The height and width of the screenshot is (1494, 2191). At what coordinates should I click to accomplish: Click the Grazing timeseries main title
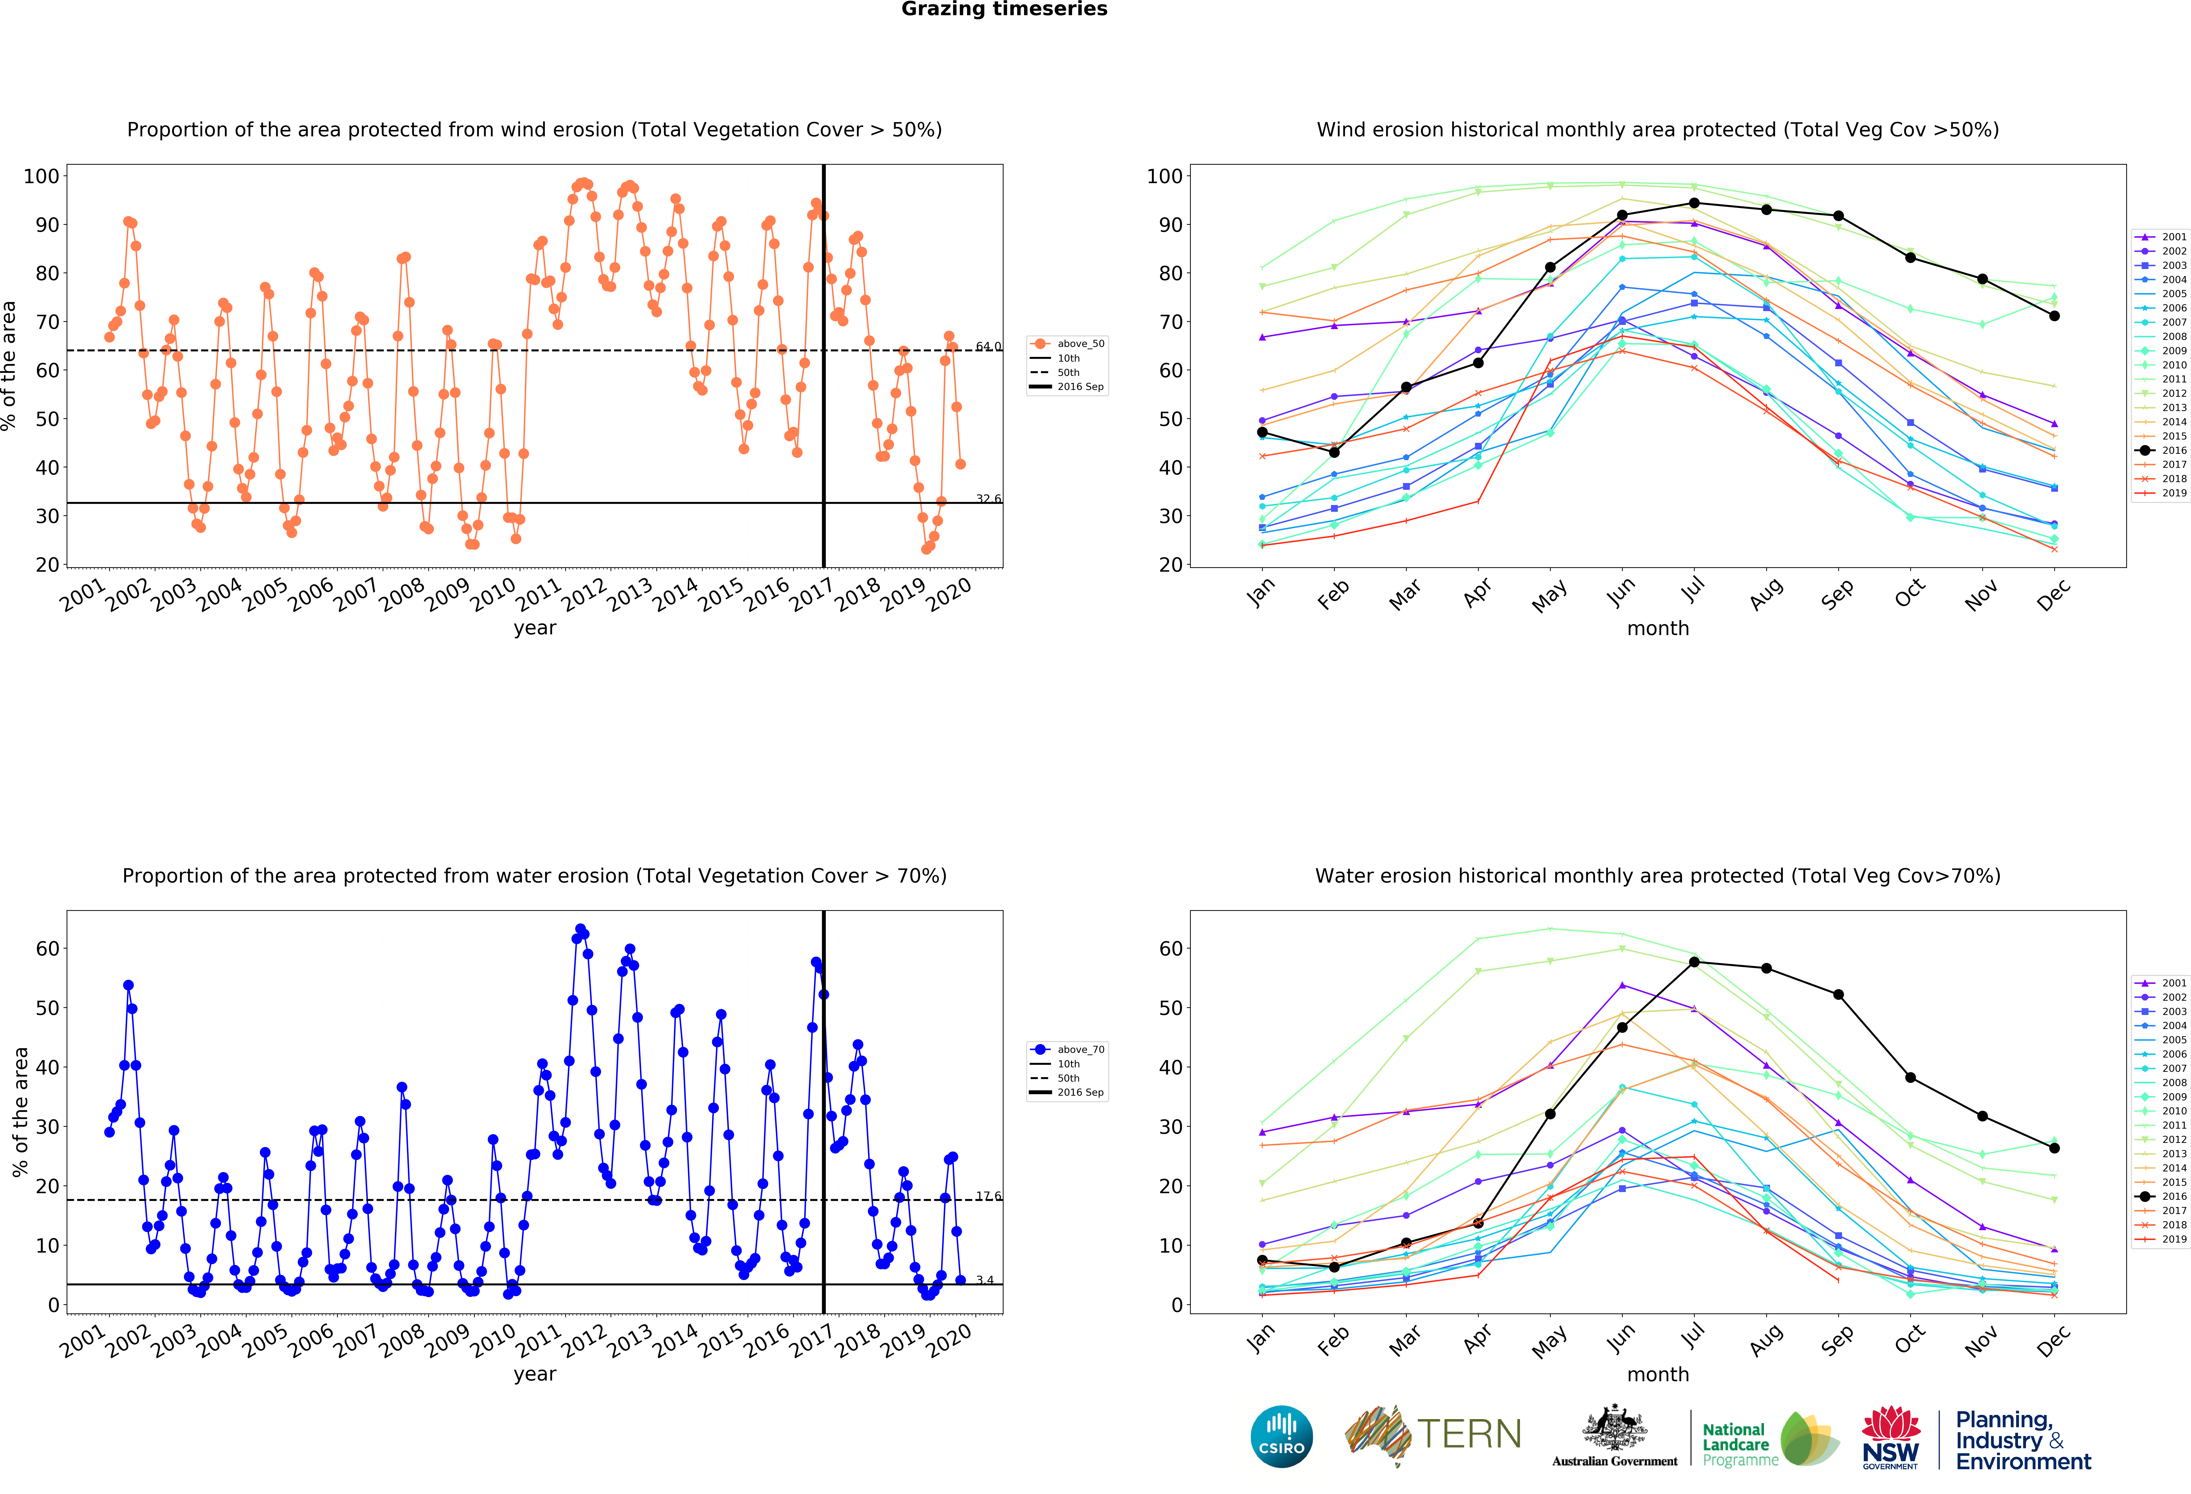1004,9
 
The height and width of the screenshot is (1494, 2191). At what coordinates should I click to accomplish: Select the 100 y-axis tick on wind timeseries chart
41,176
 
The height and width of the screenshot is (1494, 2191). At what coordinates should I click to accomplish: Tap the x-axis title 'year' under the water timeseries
535,1373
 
